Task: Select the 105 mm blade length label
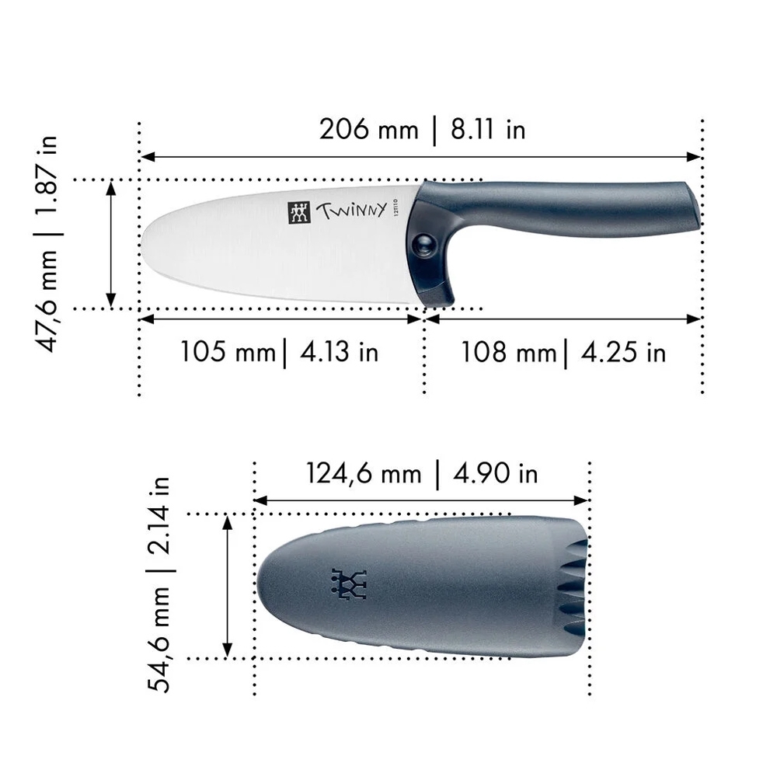(228, 351)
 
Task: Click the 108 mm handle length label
(509, 352)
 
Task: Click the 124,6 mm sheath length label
(363, 472)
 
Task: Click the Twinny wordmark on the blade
(350, 211)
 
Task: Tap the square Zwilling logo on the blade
(299, 212)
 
